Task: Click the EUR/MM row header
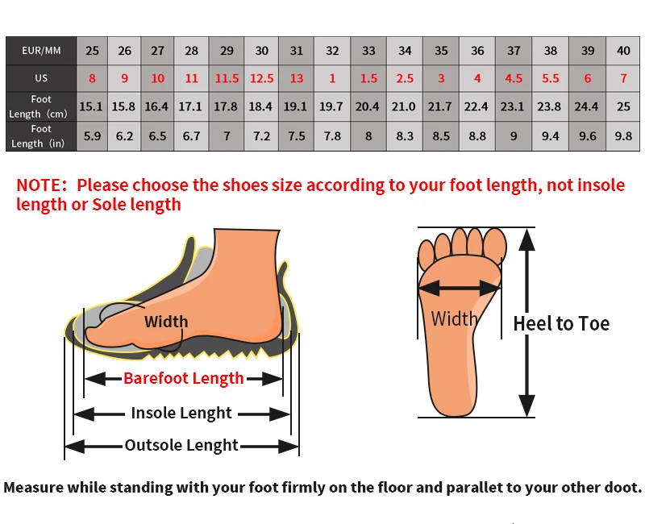41,51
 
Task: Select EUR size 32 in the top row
332,51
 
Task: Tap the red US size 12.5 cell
261,78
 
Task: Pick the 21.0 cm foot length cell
404,106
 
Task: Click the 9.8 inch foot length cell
623,136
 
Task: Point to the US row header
41,78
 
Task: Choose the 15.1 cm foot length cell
91,106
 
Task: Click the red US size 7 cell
623,78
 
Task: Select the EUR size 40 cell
623,51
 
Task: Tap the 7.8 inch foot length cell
332,136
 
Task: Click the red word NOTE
39,185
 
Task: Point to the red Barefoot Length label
184,378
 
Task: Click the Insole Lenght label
181,413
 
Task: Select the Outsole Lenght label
181,445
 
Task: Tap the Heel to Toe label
561,324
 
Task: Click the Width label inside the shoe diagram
166,321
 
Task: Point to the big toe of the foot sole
494,245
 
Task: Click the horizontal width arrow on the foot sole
460,288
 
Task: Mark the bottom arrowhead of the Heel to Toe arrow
526,405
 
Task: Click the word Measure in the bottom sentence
34,488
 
